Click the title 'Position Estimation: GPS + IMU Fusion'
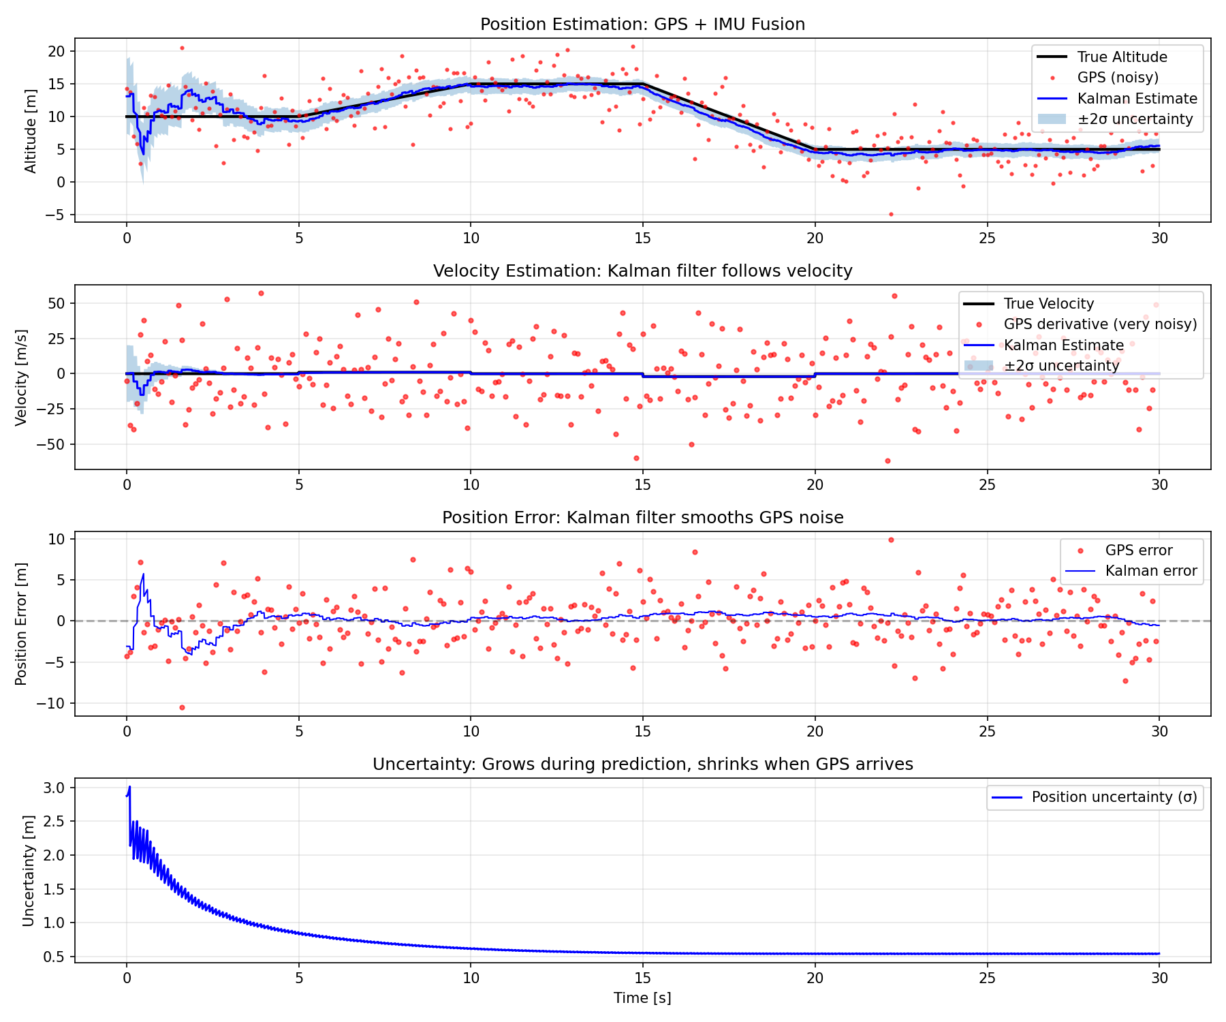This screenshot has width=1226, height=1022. (642, 25)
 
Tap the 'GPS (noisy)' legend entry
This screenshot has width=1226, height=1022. (1117, 78)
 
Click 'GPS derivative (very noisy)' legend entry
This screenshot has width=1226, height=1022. (1099, 324)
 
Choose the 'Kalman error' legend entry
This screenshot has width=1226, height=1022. (1150, 571)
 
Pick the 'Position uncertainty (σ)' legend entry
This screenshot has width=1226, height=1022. (1114, 797)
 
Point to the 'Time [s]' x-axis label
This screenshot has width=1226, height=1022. (642, 998)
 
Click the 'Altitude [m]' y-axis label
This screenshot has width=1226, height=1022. (31, 131)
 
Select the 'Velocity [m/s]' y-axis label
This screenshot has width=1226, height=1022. (22, 377)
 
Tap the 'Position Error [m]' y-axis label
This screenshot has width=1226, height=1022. (22, 624)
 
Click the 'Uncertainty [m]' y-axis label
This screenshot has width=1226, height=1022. (28, 871)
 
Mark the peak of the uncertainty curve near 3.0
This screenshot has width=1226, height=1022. (129, 787)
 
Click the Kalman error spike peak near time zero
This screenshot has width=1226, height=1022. (143, 574)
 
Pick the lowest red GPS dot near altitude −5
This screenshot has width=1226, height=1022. (890, 215)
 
